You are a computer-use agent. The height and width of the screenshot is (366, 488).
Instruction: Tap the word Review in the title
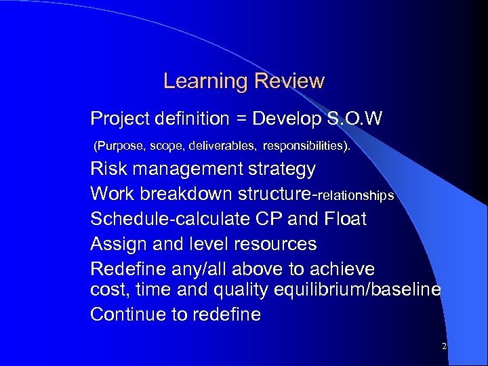[289, 82]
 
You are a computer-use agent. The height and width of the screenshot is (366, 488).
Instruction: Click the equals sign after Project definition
[241, 120]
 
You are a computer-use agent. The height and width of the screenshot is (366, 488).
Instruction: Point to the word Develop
[283, 120]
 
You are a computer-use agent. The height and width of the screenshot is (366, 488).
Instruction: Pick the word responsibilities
[306, 145]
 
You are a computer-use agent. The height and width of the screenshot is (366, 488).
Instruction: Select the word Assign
[116, 243]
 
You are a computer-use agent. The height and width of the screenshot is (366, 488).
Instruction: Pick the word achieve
[342, 268]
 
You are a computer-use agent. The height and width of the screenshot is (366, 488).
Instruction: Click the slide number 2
[444, 346]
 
